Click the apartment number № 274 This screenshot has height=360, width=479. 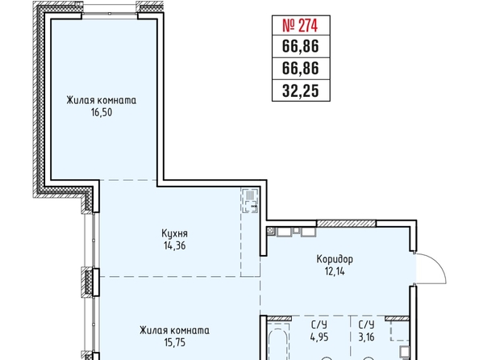point(300,25)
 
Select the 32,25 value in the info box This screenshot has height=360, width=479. point(301,90)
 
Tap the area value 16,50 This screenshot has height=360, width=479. point(102,112)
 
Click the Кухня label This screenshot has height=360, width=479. point(174,234)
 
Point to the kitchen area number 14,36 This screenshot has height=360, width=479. point(174,245)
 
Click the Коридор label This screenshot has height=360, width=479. point(335,259)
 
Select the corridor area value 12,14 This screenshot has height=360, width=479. point(335,271)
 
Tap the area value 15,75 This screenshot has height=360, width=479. point(174,342)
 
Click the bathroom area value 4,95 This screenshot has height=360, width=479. point(319,337)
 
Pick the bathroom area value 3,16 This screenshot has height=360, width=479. point(366,337)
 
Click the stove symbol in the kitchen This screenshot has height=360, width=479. point(250,201)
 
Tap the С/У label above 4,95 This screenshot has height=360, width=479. point(319,324)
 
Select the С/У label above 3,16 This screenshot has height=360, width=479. point(366,324)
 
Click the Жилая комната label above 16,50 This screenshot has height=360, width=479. point(102,100)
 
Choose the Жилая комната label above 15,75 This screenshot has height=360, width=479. point(174,330)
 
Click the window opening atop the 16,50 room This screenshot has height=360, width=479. point(110,14)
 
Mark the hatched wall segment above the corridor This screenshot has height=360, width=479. point(346,224)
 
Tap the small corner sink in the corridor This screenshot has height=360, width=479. point(270,230)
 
